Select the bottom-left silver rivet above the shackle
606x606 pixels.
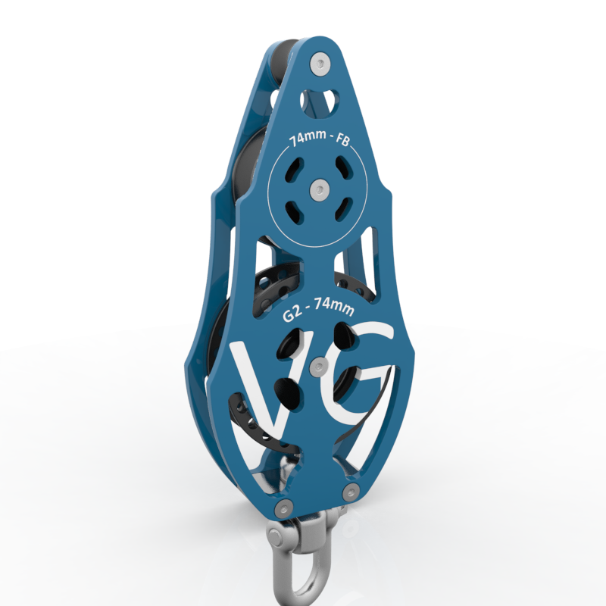coord(283,508)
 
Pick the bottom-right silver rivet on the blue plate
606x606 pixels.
coord(350,493)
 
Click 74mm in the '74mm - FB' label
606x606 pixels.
coord(304,140)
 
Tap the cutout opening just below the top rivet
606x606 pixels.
coord(318,100)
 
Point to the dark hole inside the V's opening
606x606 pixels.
coord(288,390)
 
